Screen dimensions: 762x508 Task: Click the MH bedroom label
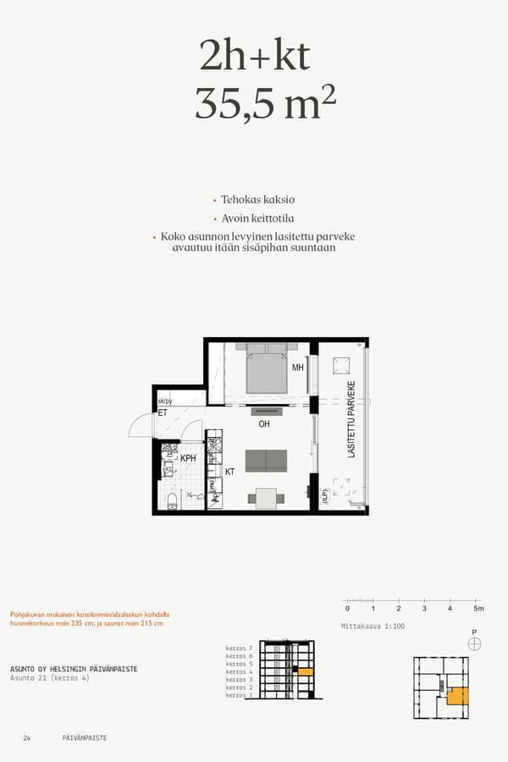pyautogui.click(x=297, y=368)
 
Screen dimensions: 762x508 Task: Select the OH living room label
pyautogui.click(x=264, y=424)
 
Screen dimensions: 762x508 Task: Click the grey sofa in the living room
pyautogui.click(x=266, y=461)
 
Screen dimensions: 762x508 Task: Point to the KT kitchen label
pyautogui.click(x=229, y=472)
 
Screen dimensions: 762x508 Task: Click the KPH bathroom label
pyautogui.click(x=188, y=458)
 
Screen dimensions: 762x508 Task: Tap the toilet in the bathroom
pyautogui.click(x=172, y=500)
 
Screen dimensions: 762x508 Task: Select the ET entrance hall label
pyautogui.click(x=163, y=413)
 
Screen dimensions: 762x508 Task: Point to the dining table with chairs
pyautogui.click(x=266, y=498)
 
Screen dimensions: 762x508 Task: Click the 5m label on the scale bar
pyautogui.click(x=478, y=609)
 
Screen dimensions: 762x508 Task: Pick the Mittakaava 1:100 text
pyautogui.click(x=371, y=626)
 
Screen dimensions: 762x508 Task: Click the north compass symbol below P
pyautogui.click(x=474, y=643)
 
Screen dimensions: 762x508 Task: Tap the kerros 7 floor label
pyautogui.click(x=240, y=648)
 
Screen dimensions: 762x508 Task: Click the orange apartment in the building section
pyautogui.click(x=306, y=671)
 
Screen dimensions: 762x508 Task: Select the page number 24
pyautogui.click(x=27, y=738)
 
